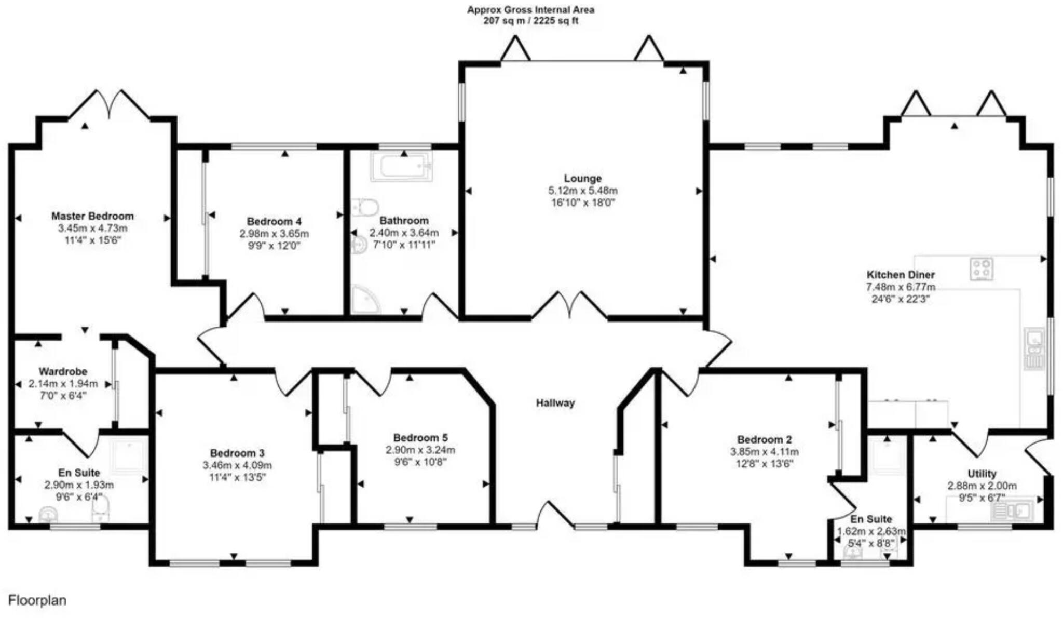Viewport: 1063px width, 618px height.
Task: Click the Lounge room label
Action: tap(583, 179)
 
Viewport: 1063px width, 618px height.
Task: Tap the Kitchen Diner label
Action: tap(901, 275)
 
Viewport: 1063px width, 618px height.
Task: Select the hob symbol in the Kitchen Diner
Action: tap(981, 269)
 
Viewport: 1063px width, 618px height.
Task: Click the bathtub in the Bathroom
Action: tap(402, 167)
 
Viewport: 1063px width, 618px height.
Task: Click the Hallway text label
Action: tap(555, 403)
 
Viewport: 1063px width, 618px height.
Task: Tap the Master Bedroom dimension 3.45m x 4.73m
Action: tap(92, 229)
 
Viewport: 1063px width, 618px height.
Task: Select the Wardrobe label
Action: tap(63, 372)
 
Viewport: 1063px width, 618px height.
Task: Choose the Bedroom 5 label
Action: tap(420, 438)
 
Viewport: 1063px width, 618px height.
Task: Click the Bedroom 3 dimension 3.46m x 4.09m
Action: tap(237, 465)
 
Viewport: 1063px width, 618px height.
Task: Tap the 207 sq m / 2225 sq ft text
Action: tap(530, 21)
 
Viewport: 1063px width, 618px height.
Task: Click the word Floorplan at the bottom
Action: tap(37, 600)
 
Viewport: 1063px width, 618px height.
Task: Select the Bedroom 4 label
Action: tap(274, 221)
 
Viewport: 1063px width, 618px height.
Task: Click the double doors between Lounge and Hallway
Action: tap(569, 306)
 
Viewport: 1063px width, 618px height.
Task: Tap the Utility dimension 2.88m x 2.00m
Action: tap(982, 486)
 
